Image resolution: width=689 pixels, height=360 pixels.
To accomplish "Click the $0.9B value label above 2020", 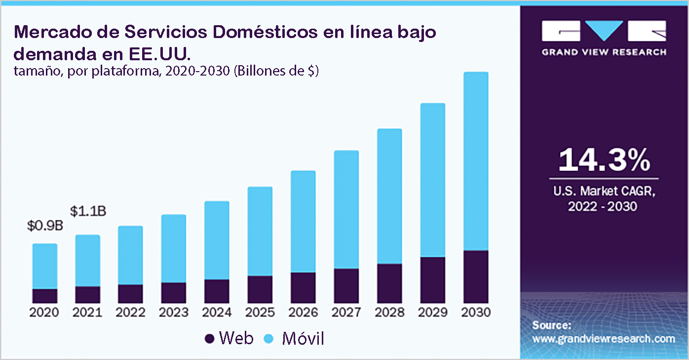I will pos(45,226).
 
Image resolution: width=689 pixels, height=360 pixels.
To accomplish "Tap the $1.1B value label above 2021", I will pos(88,211).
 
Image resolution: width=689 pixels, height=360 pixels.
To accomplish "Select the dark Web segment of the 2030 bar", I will pos(476,277).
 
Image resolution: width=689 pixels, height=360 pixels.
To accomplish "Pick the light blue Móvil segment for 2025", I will pos(260,231).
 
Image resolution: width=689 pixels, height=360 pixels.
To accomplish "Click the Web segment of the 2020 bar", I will pos(45,295).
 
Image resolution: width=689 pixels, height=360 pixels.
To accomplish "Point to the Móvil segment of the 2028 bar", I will pos(389,196).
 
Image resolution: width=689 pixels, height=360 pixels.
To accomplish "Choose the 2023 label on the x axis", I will pos(174,313).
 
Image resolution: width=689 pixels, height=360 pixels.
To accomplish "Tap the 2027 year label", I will pos(346,313).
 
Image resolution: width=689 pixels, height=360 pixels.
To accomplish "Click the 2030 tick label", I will pos(476,313).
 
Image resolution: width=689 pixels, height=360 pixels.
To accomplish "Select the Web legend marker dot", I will pos(209,339).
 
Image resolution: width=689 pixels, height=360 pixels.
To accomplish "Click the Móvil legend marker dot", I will pos(269,339).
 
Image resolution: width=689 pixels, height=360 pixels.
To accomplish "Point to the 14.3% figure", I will pos(604,160).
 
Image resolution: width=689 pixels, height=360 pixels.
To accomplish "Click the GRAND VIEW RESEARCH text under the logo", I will pos(604,52).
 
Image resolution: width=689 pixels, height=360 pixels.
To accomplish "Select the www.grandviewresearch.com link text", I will pos(604,339).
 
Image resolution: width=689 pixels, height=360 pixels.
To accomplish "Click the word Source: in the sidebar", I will pos(552,325).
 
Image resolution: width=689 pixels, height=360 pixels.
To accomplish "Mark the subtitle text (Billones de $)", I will pos(276,71).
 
